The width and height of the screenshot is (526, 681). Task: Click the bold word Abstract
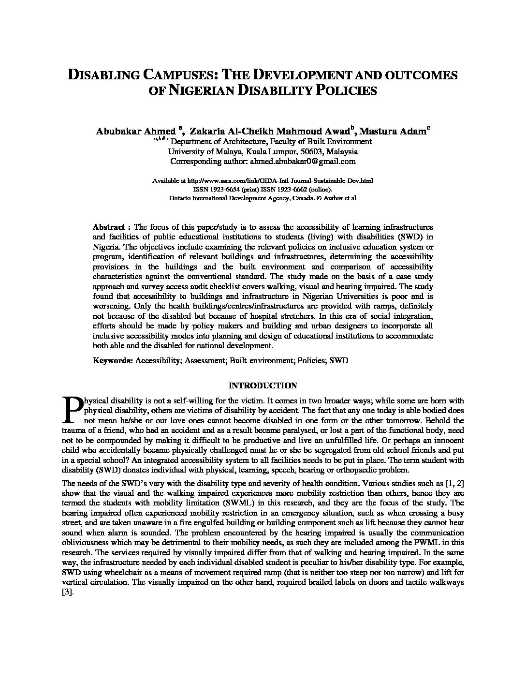tap(108, 227)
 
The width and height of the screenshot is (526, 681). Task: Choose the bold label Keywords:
tap(113, 361)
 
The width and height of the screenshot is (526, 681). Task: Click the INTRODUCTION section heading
tap(263, 386)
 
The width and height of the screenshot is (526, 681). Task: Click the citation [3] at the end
tap(67, 593)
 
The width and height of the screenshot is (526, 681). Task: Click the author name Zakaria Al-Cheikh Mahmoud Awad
tap(270, 131)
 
